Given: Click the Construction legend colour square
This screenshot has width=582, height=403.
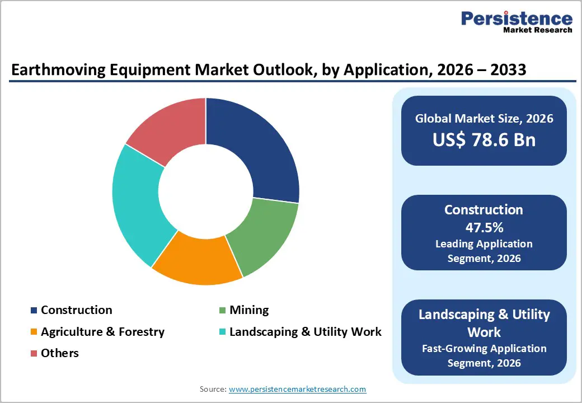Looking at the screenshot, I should [34, 311].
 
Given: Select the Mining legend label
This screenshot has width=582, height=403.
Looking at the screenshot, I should [249, 310].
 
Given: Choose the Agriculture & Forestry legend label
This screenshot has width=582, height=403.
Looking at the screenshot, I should [102, 332].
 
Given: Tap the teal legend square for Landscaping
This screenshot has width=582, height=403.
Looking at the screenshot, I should [222, 332].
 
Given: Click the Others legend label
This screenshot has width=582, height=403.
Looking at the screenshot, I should [59, 353].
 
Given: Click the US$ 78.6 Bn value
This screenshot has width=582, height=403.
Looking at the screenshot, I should [484, 140].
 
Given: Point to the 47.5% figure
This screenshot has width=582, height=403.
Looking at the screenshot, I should [484, 227].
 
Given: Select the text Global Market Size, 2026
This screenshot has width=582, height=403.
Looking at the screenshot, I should [484, 118].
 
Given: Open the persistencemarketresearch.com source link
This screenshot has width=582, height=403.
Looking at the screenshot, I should [297, 389].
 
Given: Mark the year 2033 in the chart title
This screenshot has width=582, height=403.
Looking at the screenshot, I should [505, 70].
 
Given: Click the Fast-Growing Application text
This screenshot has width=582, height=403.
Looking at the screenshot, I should [484, 348].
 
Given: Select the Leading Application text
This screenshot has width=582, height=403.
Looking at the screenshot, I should [484, 244].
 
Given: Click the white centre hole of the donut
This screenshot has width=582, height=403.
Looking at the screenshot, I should [205, 191].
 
